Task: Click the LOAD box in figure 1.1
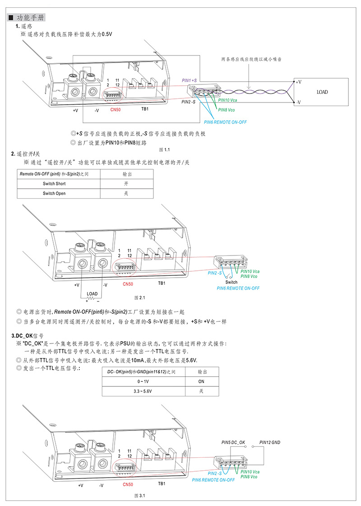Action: point(322,92)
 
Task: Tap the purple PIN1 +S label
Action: point(189,80)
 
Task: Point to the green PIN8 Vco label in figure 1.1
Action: point(227,110)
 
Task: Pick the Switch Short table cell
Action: point(54,184)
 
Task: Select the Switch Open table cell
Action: point(54,193)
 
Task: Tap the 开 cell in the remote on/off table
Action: point(126,184)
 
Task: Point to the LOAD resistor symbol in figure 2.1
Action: point(92,298)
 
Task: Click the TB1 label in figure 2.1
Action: point(162,283)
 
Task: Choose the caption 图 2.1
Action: point(139,298)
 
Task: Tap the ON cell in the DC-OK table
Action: point(202,381)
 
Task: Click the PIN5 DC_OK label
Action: point(233,442)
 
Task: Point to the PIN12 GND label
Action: point(270,442)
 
